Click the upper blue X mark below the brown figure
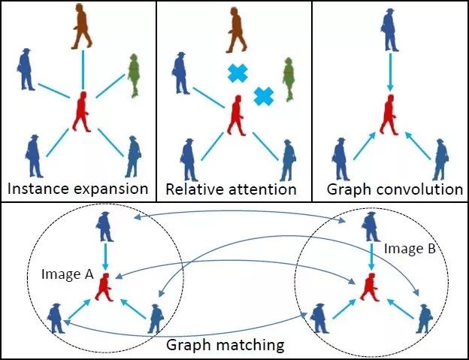(238, 74)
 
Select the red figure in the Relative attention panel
(238, 115)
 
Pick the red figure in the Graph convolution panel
(389, 115)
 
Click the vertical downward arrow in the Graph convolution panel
(389, 71)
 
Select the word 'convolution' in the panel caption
(427, 188)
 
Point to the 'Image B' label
(405, 247)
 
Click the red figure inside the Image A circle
(104, 286)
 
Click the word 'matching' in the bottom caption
(255, 346)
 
